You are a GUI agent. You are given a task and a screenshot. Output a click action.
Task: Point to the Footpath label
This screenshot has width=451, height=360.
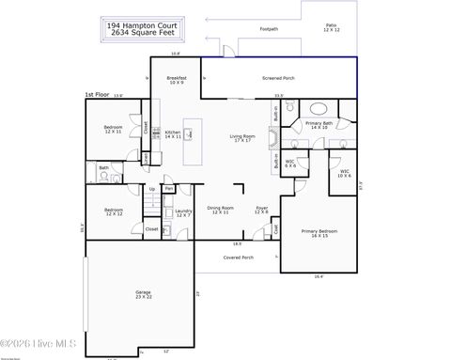[x=269, y=29]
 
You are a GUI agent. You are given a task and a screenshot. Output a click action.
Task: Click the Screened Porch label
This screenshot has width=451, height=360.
[x=278, y=78]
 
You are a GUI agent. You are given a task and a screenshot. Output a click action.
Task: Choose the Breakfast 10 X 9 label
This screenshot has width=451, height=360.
[x=177, y=80]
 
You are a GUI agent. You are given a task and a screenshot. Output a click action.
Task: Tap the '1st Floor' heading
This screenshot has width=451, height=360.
[x=96, y=95]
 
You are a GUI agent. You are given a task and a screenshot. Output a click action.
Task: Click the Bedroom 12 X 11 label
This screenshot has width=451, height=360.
[x=114, y=129]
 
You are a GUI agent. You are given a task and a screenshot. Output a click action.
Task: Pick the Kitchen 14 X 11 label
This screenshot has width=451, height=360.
[x=173, y=134]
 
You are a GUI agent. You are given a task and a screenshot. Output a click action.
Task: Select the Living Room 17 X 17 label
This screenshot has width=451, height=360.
[x=243, y=138]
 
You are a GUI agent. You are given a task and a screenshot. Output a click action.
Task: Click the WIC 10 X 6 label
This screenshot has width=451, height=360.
[x=345, y=173]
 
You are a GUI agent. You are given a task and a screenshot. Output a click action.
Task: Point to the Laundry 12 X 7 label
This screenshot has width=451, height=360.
[x=184, y=213]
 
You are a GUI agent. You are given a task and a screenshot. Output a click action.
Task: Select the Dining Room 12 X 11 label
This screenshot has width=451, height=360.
[x=220, y=211]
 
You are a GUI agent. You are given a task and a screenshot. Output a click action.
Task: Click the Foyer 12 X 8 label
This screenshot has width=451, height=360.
[x=262, y=211]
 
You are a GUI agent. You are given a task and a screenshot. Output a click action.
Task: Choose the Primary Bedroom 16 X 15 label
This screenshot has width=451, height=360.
[x=319, y=233]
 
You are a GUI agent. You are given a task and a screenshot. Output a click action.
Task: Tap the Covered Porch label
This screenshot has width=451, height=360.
[x=238, y=257]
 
